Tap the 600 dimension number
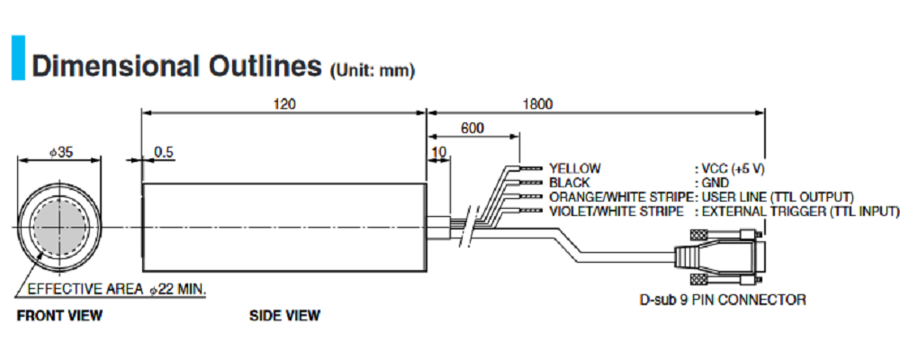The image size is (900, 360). tap(472, 129)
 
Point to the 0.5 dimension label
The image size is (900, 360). tap(164, 152)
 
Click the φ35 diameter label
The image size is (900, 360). tap(60, 153)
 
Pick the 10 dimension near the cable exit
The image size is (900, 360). tap(439, 152)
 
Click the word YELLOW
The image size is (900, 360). tap(574, 168)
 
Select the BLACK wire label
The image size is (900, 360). tap(570, 183)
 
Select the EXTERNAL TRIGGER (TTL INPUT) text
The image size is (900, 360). tap(799, 211)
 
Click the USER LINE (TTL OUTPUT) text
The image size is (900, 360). tap(777, 197)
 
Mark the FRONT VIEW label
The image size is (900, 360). tap(59, 315)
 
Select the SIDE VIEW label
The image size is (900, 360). tap(284, 315)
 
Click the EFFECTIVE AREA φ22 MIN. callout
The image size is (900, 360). tap(117, 290)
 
